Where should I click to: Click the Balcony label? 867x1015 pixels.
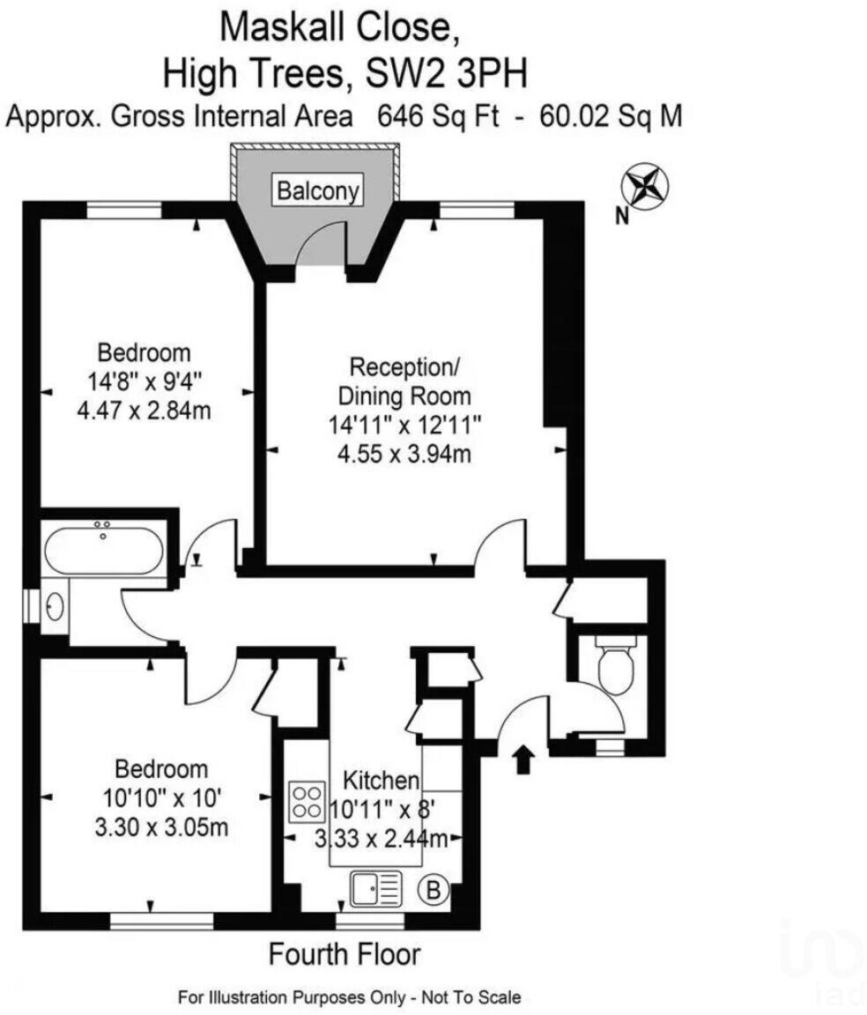tap(319, 190)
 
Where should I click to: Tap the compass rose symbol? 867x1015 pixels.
tap(645, 187)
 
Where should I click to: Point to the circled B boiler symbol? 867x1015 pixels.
tap(433, 891)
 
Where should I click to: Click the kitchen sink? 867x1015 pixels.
tap(376, 889)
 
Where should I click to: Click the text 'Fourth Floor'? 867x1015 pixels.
tap(345, 953)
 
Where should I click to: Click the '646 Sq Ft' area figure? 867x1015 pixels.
tap(438, 116)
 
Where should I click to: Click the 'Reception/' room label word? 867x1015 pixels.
tap(404, 366)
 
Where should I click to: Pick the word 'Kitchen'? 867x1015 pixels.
tap(380, 780)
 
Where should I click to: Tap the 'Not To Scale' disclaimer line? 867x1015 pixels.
tap(349, 997)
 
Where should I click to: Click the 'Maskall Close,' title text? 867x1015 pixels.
tap(339, 28)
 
